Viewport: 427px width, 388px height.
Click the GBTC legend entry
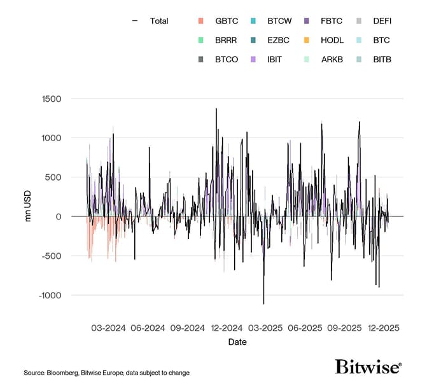pos(225,21)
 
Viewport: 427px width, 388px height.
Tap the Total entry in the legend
pos(158,21)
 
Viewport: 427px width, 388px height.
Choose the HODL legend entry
pos(332,40)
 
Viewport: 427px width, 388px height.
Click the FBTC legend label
pos(332,21)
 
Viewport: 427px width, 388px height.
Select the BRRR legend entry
pos(226,40)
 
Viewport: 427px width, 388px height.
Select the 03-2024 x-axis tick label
pos(108,328)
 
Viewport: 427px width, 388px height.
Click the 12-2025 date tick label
pos(384,328)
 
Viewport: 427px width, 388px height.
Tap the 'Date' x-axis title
pos(237,342)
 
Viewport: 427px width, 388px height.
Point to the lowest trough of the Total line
pos(263,303)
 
